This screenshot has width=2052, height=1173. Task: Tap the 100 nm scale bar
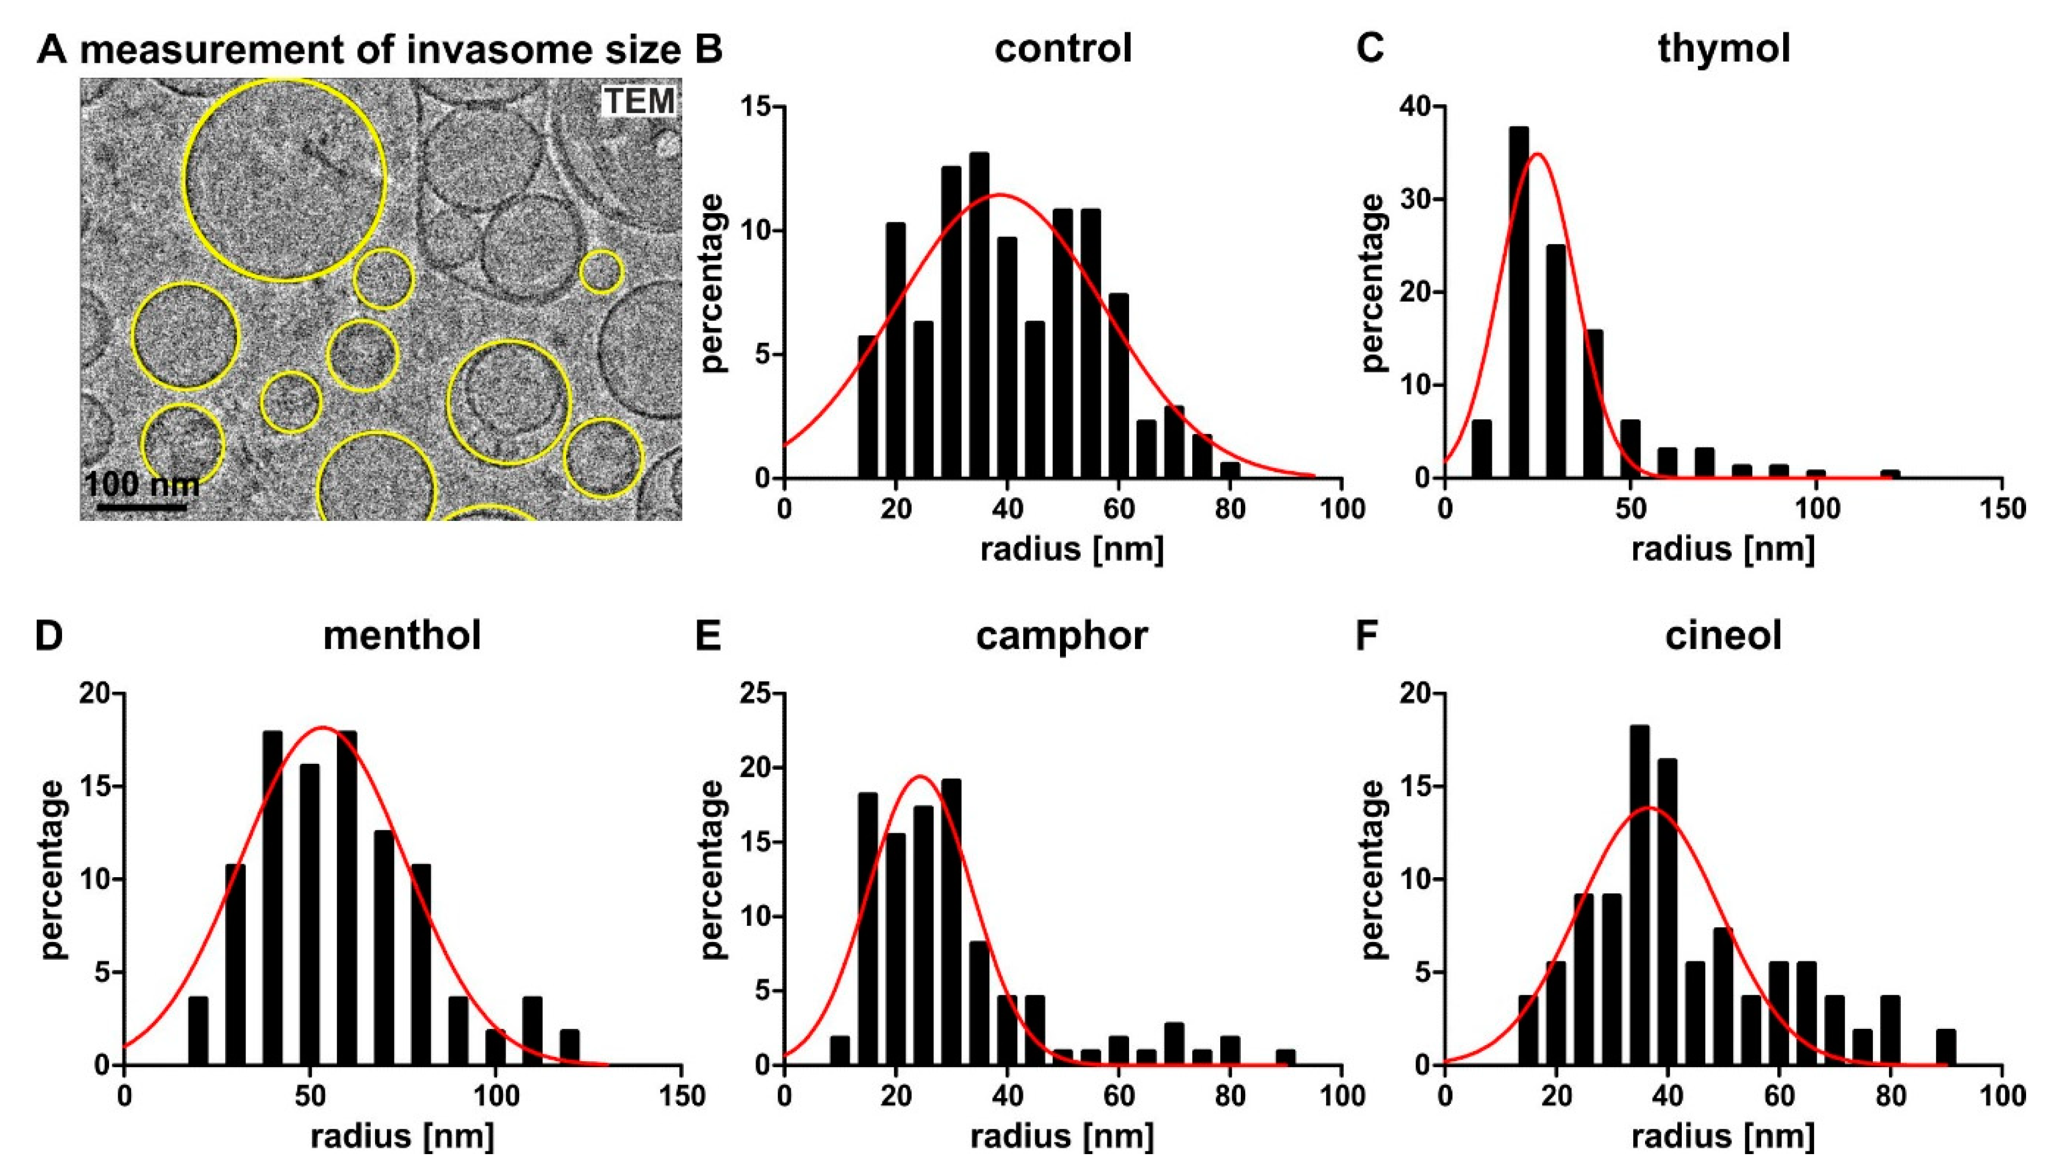tap(142, 507)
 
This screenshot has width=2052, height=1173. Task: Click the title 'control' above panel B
tap(1063, 49)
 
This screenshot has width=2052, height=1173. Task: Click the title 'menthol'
tap(402, 636)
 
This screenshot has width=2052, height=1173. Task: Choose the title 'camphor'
tap(1062, 636)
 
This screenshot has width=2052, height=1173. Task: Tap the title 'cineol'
tap(1723, 636)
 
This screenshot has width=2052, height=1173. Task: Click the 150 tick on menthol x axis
tap(681, 1096)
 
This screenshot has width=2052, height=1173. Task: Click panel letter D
tap(49, 636)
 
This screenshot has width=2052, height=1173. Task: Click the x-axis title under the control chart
tap(1072, 550)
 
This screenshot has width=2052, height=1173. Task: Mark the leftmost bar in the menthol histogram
tap(198, 1031)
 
